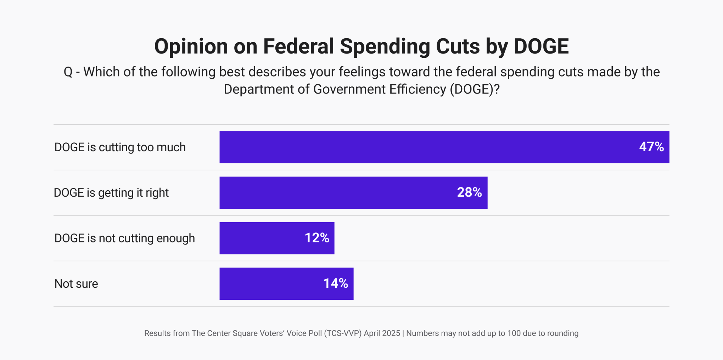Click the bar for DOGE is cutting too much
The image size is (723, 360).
click(425, 147)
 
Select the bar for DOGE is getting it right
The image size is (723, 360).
click(337, 193)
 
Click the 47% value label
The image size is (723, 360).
click(651, 147)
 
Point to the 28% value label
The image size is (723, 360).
click(469, 192)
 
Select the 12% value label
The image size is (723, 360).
click(317, 238)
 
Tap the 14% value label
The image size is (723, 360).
click(336, 283)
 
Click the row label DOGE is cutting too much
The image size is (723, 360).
click(120, 147)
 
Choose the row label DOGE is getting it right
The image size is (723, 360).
click(111, 193)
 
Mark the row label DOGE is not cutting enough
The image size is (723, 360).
click(124, 238)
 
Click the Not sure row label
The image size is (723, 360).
click(76, 284)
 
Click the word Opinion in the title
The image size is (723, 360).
click(191, 46)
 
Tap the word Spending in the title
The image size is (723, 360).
click(385, 46)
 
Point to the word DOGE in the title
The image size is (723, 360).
click(541, 46)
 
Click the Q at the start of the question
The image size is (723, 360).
click(68, 72)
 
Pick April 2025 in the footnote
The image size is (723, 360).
click(382, 333)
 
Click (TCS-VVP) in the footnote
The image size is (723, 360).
click(343, 333)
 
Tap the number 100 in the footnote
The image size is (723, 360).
click(514, 333)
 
